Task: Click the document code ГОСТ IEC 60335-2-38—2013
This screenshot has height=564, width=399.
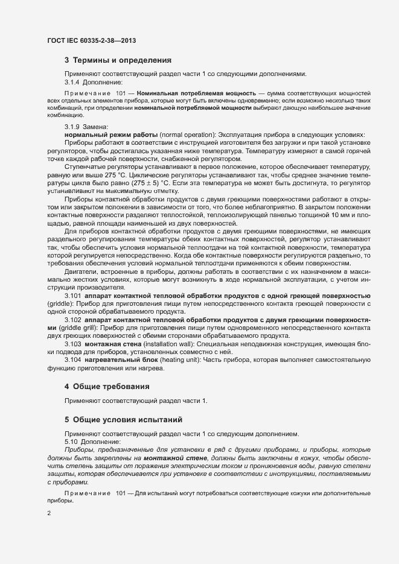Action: coord(91,40)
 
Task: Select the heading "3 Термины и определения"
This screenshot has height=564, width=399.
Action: coord(118,60)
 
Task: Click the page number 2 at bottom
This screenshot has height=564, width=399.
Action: coord(49,513)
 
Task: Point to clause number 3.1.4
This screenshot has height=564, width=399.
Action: coord(72,81)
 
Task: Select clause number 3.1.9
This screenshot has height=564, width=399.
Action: coord(72,126)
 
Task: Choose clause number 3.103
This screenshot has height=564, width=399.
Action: coord(72,343)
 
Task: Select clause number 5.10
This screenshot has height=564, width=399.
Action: coord(70,442)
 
